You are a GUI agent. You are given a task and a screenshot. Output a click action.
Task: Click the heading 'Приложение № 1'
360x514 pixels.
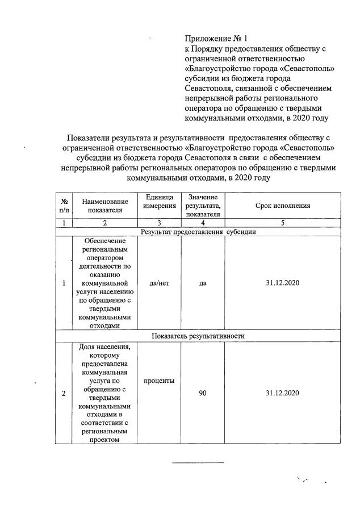[x=216, y=39]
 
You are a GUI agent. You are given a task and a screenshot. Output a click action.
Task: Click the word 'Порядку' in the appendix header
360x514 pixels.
[x=210, y=49]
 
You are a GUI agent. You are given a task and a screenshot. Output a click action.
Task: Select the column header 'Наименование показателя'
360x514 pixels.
[x=105, y=205]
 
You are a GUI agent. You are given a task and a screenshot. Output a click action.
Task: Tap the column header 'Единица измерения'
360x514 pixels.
[x=160, y=200]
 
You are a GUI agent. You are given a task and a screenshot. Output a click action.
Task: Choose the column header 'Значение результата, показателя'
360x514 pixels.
[x=203, y=205]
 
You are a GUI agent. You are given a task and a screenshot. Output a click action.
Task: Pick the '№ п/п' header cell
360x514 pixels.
[x=64, y=205]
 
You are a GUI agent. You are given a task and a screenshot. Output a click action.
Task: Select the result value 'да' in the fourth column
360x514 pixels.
[x=203, y=283]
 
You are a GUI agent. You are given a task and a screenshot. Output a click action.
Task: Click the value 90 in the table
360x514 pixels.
[x=203, y=392]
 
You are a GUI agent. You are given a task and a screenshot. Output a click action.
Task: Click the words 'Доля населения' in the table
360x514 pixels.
[x=105, y=347]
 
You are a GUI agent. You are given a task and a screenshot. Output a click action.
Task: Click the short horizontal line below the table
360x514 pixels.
[x=198, y=463]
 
